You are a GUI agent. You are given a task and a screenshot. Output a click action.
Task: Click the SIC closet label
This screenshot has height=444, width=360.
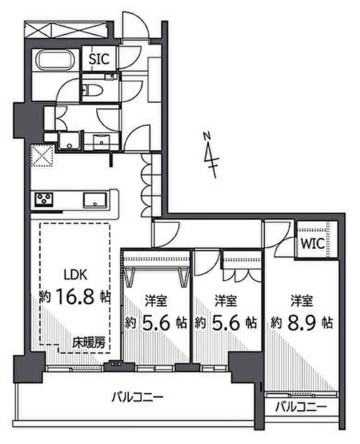(99, 59)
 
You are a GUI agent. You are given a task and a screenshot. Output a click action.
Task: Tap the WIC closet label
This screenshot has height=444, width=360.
(313, 243)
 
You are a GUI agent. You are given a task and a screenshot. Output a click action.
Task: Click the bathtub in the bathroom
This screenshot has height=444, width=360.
(55, 60)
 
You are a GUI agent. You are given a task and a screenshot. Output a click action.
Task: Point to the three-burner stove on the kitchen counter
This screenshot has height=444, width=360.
(44, 199)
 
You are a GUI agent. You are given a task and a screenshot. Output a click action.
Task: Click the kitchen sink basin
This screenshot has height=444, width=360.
(95, 200)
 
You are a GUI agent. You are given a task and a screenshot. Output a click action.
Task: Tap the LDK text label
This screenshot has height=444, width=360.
(75, 274)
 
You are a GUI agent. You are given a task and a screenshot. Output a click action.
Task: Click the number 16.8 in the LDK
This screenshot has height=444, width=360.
(75, 296)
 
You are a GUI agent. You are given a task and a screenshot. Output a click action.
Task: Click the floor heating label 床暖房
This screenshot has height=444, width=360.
(89, 343)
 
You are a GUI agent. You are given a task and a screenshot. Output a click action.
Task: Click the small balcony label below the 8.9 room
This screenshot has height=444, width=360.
(301, 408)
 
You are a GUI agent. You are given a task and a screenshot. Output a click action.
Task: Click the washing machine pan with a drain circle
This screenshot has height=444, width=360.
(69, 141)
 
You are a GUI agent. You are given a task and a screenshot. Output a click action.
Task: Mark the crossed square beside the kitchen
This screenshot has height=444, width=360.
(42, 155)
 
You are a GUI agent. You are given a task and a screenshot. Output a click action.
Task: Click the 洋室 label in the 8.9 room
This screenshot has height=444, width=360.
(302, 301)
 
